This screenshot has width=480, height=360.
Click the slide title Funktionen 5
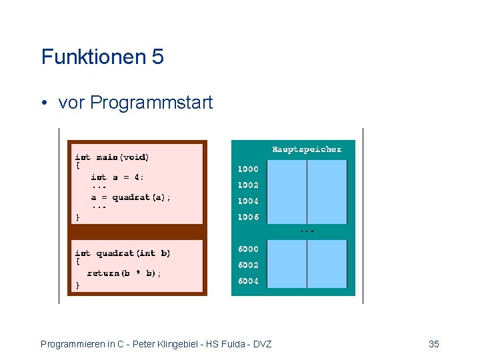tap(102, 57)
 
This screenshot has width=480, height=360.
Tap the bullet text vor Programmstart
tap(135, 103)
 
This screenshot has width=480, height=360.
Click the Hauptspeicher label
tap(306, 149)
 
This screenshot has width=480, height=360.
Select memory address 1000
tap(249, 169)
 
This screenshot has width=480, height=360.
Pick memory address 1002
tap(249, 185)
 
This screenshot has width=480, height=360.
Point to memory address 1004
tap(249, 201)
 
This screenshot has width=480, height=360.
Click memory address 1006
tap(249, 217)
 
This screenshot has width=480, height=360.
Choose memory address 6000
tap(249, 249)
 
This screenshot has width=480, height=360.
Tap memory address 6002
tap(249, 265)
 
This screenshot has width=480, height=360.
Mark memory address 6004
tap(249, 281)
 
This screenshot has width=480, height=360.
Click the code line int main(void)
tap(112, 157)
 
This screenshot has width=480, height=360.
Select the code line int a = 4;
tap(117, 177)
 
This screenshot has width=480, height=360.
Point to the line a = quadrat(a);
tap(131, 197)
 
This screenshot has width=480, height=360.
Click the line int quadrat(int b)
tap(123, 253)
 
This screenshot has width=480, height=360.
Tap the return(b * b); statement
tap(124, 273)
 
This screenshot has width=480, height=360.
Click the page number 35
tap(433, 344)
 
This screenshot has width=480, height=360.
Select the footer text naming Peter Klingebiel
tap(156, 344)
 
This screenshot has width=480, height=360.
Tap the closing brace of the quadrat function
tap(77, 285)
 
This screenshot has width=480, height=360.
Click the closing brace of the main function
tap(77, 217)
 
